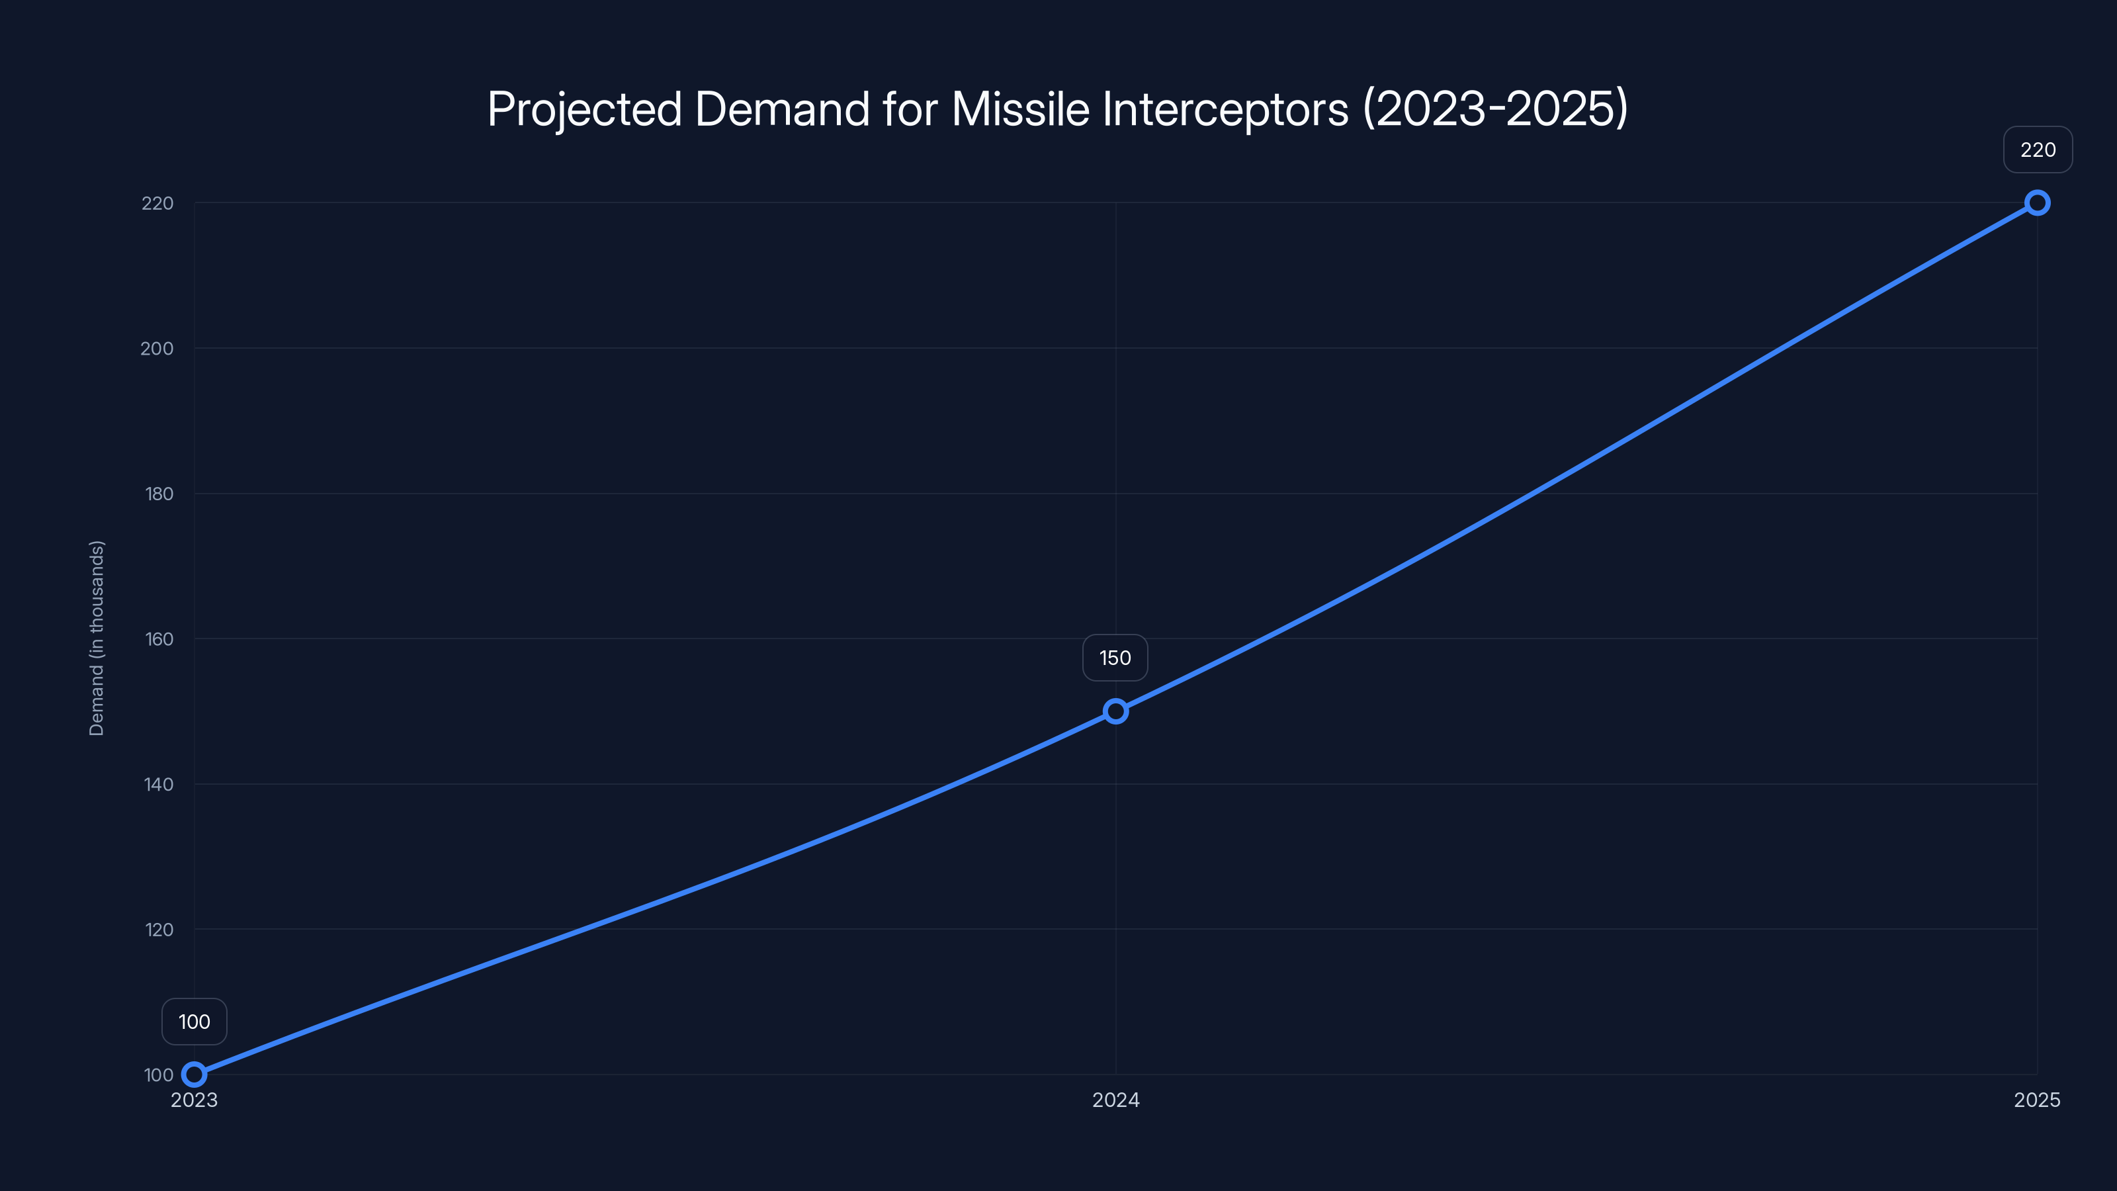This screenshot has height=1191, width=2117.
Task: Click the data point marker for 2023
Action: pos(194,1075)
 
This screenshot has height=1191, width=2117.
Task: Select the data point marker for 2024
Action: pos(1115,711)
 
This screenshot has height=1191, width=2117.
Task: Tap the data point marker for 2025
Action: pos(2038,203)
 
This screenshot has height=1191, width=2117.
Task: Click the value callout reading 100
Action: pos(194,1022)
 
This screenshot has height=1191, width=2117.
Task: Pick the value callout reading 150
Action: pos(1115,658)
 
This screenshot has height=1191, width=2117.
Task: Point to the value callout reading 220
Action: pos(2038,150)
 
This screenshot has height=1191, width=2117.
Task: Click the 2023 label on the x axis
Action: pos(194,1100)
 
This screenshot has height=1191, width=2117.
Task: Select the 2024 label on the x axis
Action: pos(1115,1100)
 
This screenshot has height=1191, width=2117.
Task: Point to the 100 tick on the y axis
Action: pos(159,1075)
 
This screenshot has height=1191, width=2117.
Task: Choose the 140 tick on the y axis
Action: pos(159,784)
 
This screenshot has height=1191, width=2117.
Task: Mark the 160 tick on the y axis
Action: pos(159,639)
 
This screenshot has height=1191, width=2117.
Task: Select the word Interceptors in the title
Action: pos(1225,109)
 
